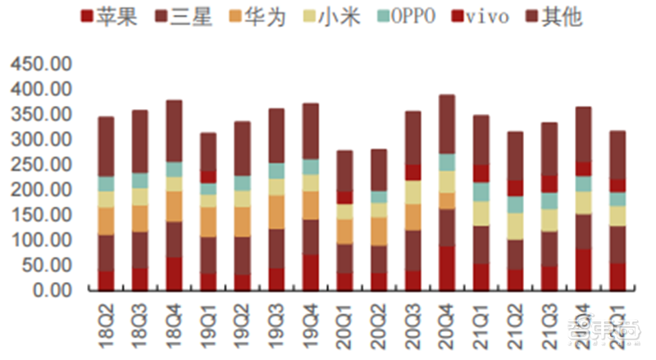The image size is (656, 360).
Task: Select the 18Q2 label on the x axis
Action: pyautogui.click(x=107, y=321)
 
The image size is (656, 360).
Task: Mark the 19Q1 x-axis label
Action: pyautogui.click(x=208, y=321)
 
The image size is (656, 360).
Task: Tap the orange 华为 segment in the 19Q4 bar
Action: pyautogui.click(x=310, y=205)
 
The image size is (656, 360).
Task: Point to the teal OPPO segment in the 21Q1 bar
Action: pyautogui.click(x=481, y=191)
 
